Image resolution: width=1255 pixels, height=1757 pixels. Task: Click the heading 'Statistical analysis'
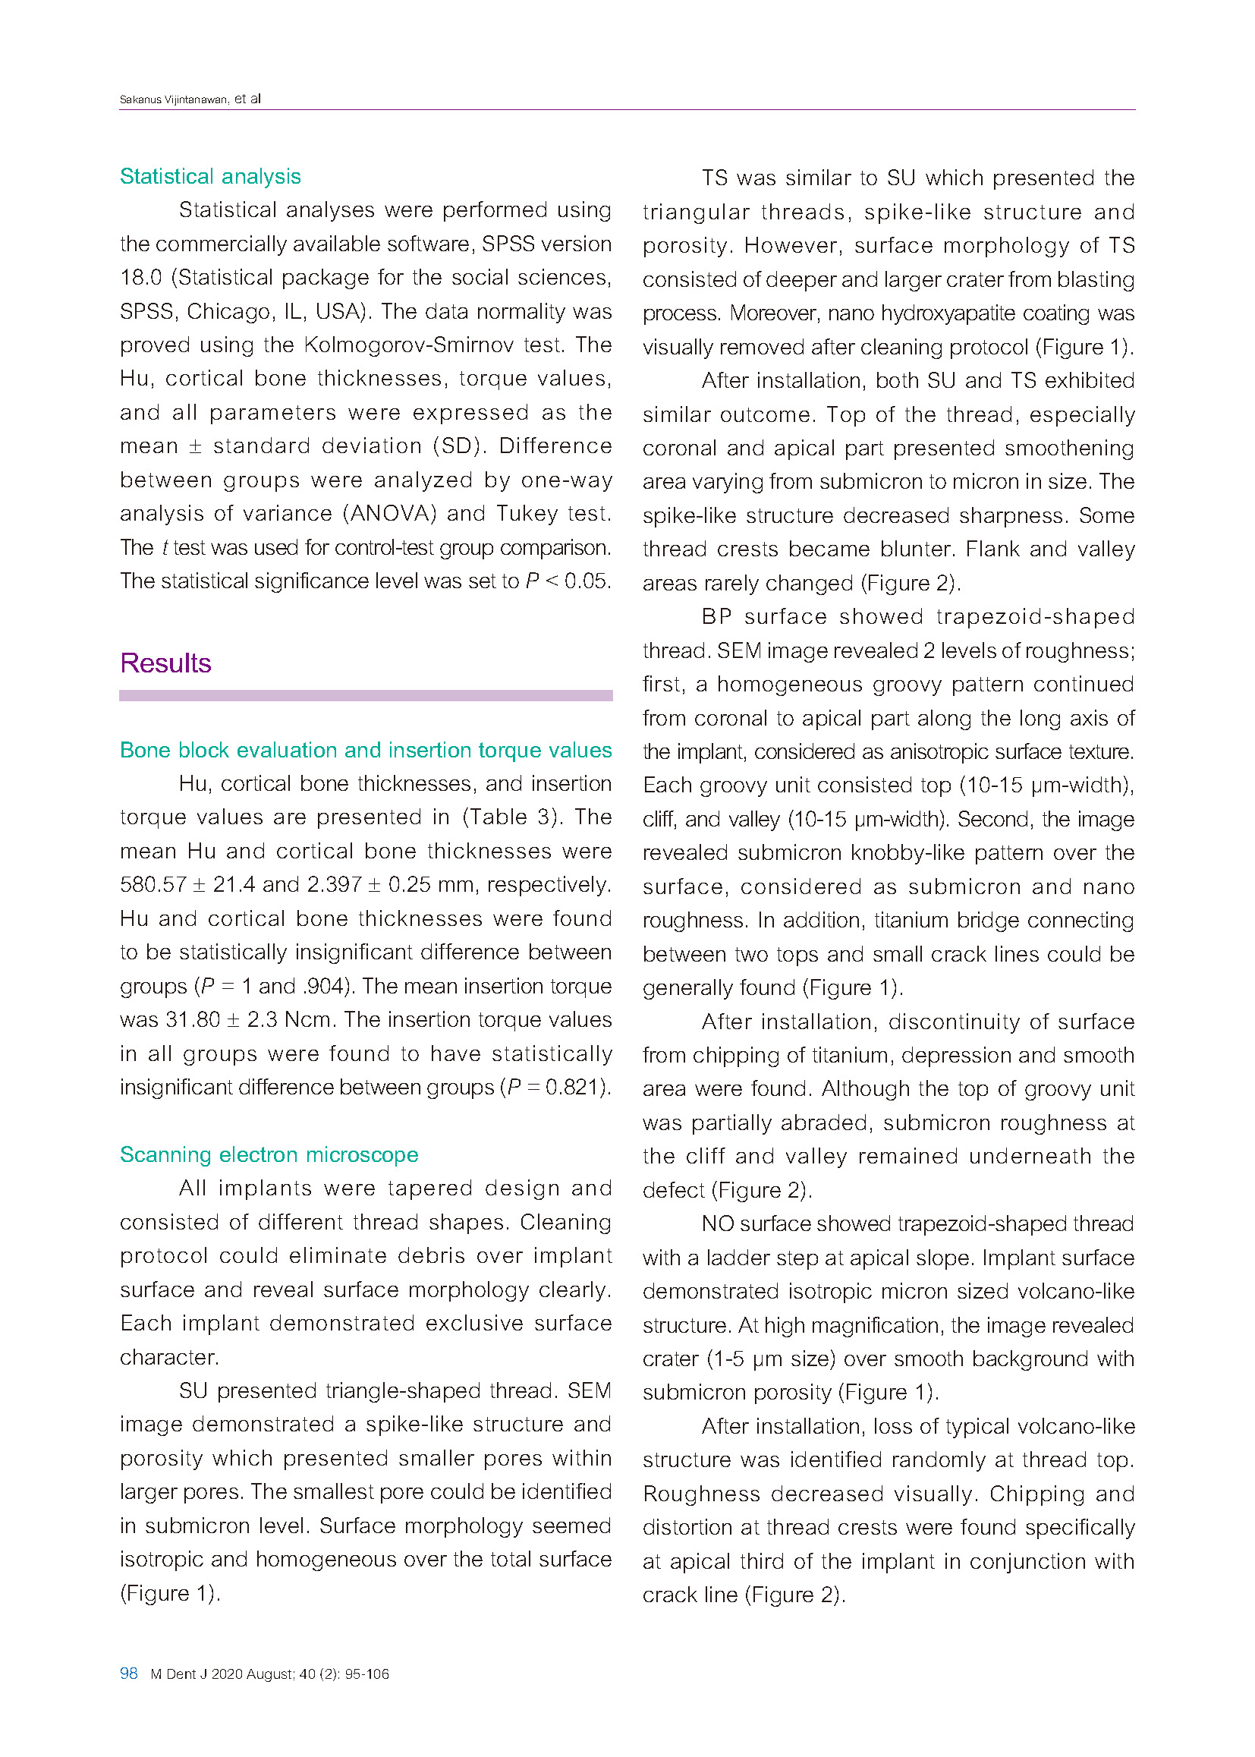[210, 176]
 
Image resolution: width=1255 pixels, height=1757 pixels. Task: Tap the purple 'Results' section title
[165, 663]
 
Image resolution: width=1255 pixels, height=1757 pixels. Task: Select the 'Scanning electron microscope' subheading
[269, 1154]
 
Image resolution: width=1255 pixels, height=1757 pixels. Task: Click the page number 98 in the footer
[128, 1674]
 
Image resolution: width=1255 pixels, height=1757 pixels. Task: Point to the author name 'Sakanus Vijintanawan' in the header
[174, 99]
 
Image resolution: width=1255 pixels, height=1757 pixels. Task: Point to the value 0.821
[573, 1087]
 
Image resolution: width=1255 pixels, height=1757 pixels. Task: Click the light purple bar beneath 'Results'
[366, 696]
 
